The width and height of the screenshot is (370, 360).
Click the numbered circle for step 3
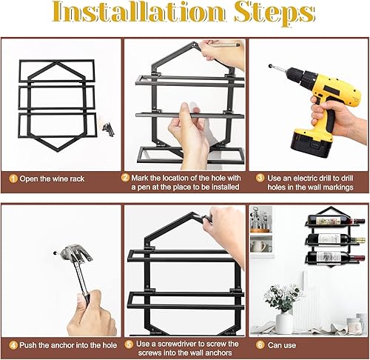[259, 179]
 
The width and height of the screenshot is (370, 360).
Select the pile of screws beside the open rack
[110, 127]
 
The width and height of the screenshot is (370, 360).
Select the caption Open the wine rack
[56, 179]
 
